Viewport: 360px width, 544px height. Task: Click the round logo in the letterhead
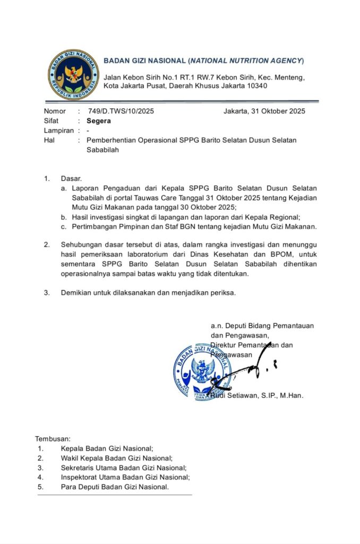pyautogui.click(x=73, y=75)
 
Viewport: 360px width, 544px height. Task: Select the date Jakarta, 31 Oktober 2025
pyautogui.click(x=264, y=111)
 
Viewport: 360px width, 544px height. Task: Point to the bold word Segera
pyautogui.click(x=99, y=121)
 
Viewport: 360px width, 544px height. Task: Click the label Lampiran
pyautogui.click(x=58, y=130)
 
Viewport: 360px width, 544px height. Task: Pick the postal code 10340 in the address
pyautogui.click(x=257, y=86)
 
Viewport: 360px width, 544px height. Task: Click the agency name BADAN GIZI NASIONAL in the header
pyautogui.click(x=144, y=61)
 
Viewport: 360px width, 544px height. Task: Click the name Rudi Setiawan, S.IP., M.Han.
pyautogui.click(x=257, y=396)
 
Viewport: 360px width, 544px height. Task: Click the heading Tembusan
pyautogui.click(x=53, y=439)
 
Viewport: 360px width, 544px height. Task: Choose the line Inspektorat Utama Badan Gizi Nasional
pyautogui.click(x=125, y=477)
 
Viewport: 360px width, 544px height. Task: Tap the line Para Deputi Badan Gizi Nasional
pyautogui.click(x=115, y=487)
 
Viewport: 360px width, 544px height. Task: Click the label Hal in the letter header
pyautogui.click(x=49, y=140)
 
